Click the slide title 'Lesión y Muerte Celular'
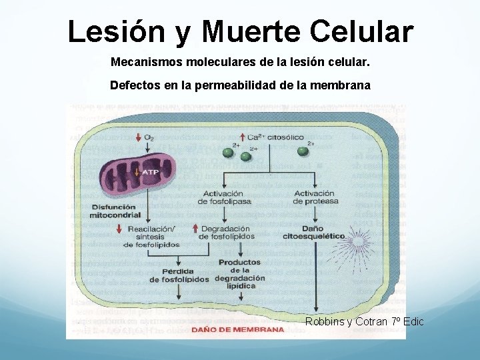point(240,31)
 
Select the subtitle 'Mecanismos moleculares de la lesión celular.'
point(239,62)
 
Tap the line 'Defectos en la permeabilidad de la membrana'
point(240,85)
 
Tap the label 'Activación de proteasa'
point(315,197)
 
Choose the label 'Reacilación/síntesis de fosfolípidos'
point(151,237)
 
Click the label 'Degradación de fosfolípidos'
point(227,233)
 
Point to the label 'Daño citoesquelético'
point(313,233)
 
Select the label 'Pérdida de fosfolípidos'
point(179,275)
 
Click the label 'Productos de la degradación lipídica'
point(239,273)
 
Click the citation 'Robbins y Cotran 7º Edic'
point(364,322)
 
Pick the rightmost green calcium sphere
point(303,151)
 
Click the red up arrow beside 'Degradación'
point(196,229)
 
